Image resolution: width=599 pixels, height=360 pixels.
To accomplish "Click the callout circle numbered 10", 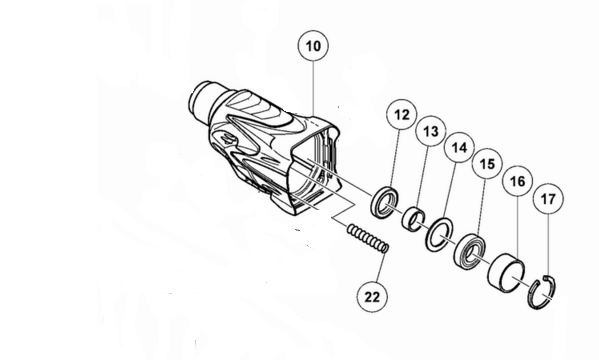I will (313, 47).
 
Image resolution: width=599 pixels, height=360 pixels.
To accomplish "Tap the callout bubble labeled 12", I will (401, 118).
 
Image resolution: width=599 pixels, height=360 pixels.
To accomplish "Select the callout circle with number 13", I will (430, 133).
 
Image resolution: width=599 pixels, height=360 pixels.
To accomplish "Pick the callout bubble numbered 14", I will (459, 148).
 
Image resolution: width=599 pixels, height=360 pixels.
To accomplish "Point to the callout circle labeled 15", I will (488, 162).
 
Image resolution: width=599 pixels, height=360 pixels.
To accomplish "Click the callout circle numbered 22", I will (373, 296).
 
